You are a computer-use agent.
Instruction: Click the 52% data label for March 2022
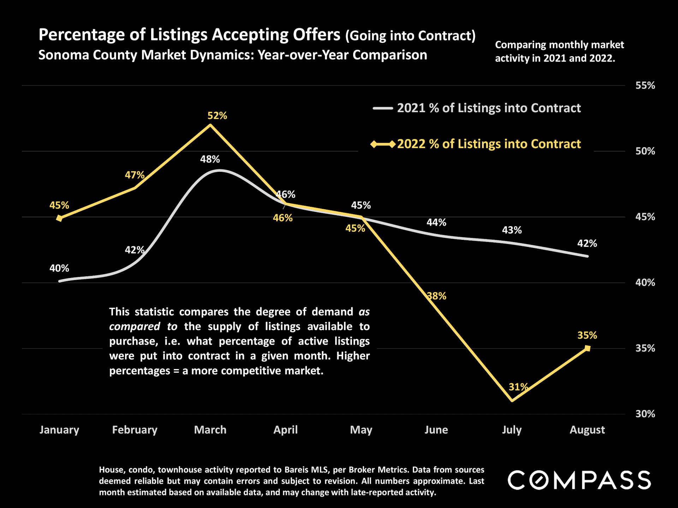[x=217, y=116]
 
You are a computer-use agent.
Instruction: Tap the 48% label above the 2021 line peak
[x=210, y=159]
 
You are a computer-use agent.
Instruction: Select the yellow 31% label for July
[x=518, y=387]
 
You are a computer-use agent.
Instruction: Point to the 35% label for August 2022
[x=587, y=335]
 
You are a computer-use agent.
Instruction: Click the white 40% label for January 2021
[x=59, y=268]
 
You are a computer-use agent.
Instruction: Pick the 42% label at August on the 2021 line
[x=587, y=243]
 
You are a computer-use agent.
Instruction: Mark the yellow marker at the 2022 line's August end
[x=587, y=349]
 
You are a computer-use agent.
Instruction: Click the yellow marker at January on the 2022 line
[x=59, y=218]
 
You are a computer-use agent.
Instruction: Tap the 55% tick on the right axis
[x=645, y=85]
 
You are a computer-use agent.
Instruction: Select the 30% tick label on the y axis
[x=645, y=414]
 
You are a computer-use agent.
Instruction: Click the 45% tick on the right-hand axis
[x=645, y=217]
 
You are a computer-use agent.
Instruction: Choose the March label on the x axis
[x=210, y=430]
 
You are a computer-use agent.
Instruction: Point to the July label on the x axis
[x=512, y=430]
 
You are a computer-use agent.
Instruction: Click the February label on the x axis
[x=135, y=430]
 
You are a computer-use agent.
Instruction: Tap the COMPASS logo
[x=579, y=480]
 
